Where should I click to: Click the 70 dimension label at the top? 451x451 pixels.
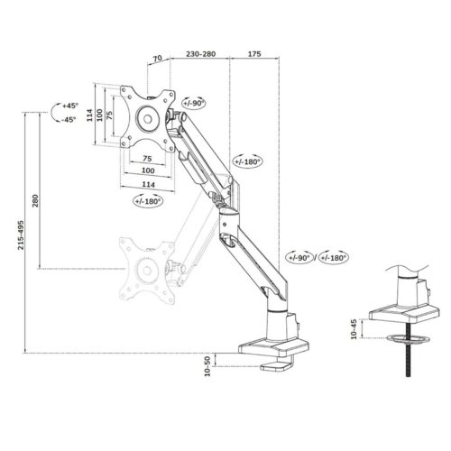pos(158,58)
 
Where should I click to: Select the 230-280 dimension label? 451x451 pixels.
pos(200,54)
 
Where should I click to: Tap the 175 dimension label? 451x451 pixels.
pos(254,54)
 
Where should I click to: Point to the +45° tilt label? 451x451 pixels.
pos(70,106)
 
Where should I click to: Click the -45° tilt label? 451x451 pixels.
pos(69,120)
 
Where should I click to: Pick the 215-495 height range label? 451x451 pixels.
pos(21,235)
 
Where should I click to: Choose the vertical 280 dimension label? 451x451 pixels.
pos(35,200)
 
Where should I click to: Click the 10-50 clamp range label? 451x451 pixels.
pos(207,366)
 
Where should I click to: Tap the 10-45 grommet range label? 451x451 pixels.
pos(354,329)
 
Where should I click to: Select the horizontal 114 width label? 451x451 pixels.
pos(149,184)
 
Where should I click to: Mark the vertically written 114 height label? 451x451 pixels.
pos(90,115)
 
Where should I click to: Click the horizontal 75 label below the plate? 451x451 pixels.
pos(147,158)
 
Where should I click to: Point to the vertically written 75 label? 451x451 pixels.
pos(109,115)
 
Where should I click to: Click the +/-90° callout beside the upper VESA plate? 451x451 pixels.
pos(194,103)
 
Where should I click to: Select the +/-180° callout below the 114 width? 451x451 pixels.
pos(148,201)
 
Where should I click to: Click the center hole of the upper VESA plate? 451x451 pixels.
pos(148,119)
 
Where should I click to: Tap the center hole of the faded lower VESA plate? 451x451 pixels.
pos(147,271)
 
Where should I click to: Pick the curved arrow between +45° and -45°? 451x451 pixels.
pos(54,112)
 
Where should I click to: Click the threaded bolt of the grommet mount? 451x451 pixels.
pos(408,350)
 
